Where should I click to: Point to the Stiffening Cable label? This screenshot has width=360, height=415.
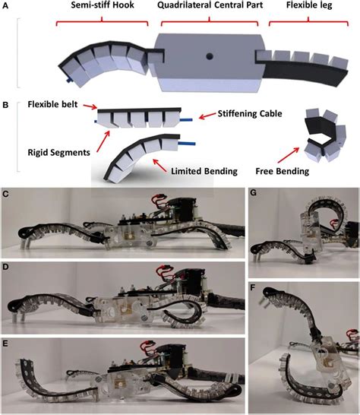click(244, 114)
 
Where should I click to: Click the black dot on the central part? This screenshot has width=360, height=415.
click(207, 55)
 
